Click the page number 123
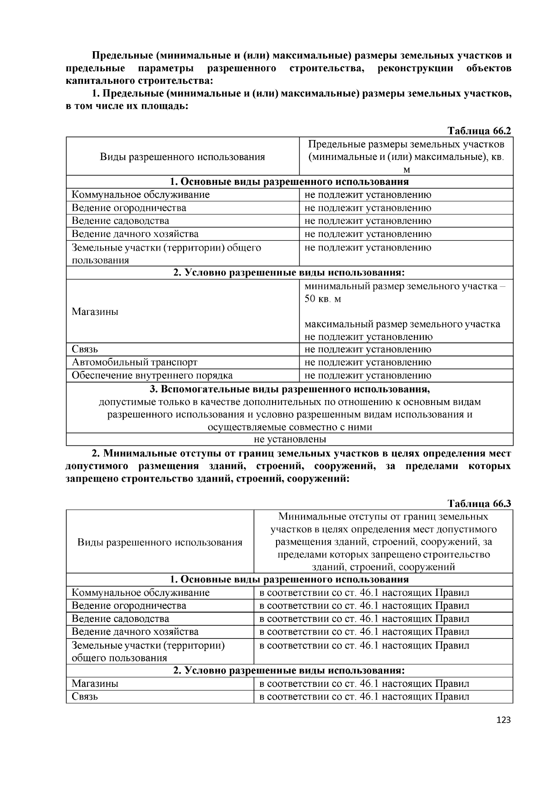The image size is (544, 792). (503, 720)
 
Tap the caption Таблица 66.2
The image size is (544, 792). (479, 131)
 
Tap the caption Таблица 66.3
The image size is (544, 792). (479, 504)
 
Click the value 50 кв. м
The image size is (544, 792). (323, 299)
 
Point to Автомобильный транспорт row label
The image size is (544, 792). (135, 362)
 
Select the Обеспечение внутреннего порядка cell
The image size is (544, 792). (152, 375)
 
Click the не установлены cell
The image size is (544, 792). (290, 439)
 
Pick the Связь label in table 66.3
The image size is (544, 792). (85, 696)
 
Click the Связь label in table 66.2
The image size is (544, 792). (85, 349)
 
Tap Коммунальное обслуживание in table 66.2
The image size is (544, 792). (141, 195)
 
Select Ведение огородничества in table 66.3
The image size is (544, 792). (129, 605)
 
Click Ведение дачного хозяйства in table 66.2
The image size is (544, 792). (135, 234)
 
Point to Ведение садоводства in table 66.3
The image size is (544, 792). (120, 618)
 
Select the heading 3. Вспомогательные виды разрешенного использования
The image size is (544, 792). (290, 389)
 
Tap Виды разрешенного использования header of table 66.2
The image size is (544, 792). (182, 157)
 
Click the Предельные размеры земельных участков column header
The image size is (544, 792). (406, 157)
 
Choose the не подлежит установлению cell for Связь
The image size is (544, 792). (368, 349)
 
